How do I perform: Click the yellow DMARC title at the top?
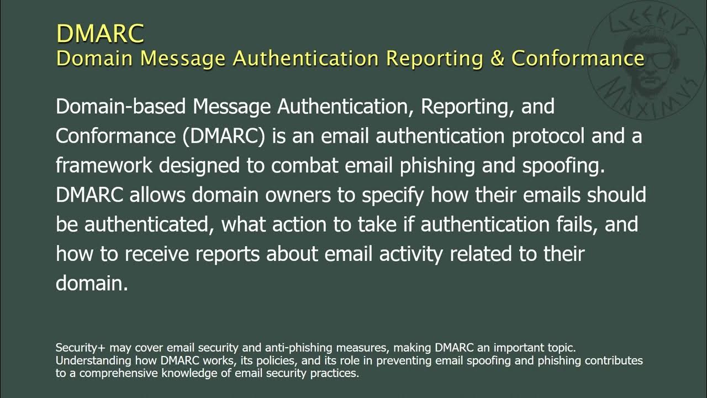click(100, 33)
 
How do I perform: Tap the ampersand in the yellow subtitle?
click(497, 58)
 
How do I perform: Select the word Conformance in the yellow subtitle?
click(578, 58)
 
